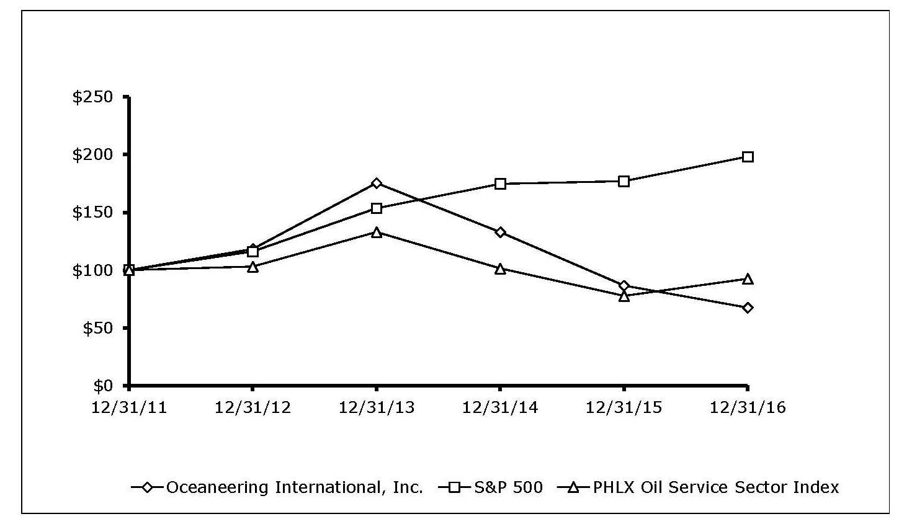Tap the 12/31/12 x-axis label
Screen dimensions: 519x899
click(253, 407)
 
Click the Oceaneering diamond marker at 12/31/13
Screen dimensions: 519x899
click(377, 183)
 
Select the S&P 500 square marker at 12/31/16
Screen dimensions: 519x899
click(748, 157)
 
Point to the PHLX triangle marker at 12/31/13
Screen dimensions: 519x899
click(377, 232)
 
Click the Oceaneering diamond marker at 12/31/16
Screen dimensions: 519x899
click(748, 308)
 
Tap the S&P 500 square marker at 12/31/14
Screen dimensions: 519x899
click(500, 184)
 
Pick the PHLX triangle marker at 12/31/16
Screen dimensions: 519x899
click(748, 279)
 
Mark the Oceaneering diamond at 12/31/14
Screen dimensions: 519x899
click(500, 232)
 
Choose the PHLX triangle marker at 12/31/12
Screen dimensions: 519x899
click(253, 267)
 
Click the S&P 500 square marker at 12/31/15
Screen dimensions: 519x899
click(624, 181)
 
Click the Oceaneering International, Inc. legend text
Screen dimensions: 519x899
click(294, 487)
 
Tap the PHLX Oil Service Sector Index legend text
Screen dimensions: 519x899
click(716, 487)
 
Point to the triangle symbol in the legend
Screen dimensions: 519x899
click(574, 487)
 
